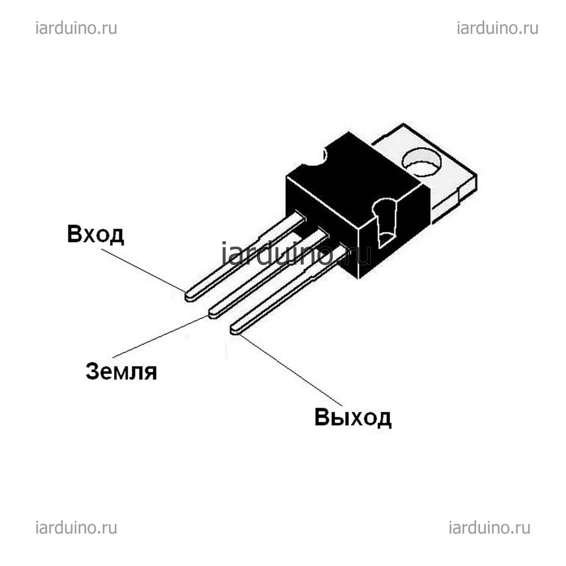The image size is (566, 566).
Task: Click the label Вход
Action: click(96, 235)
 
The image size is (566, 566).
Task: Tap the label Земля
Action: click(121, 371)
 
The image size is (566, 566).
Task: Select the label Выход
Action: click(352, 417)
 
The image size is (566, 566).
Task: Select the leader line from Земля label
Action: click(161, 337)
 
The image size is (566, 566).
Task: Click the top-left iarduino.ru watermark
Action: click(76, 28)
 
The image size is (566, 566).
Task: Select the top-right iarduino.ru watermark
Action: click(497, 28)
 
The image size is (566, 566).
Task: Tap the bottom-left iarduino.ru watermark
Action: click(76, 528)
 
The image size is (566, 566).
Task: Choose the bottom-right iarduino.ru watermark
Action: click(489, 528)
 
